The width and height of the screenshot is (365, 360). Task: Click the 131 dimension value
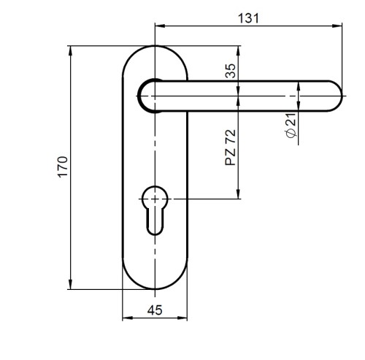pyautogui.click(x=248, y=18)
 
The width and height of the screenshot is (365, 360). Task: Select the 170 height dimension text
pyautogui.click(x=63, y=167)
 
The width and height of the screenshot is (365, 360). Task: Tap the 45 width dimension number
pyautogui.click(x=155, y=310)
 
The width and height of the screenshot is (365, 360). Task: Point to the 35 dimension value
pyautogui.click(x=231, y=71)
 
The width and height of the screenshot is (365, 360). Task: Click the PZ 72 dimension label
pyautogui.click(x=231, y=148)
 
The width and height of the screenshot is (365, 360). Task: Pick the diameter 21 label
pyautogui.click(x=291, y=126)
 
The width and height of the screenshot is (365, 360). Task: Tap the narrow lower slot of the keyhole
pyautogui.click(x=155, y=222)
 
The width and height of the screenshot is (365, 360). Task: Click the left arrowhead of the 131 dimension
pyautogui.click(x=160, y=26)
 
